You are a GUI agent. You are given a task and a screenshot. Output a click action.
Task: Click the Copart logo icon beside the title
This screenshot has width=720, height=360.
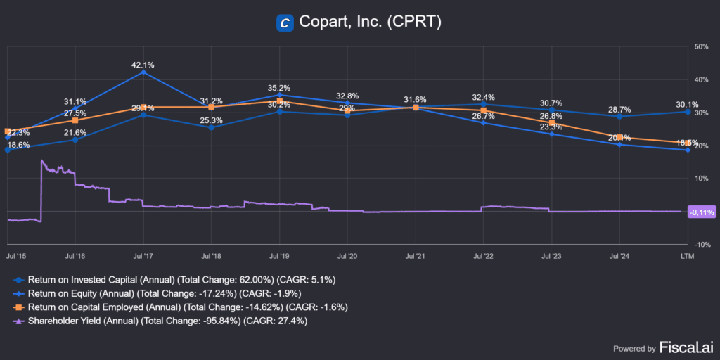click(x=285, y=22)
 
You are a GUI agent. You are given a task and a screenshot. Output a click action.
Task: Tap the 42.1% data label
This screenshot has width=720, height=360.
click(x=143, y=65)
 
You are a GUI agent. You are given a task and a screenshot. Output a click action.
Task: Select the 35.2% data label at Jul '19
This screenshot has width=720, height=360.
click(x=279, y=88)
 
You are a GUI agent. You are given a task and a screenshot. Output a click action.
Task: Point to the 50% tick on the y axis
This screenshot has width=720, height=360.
click(x=700, y=46)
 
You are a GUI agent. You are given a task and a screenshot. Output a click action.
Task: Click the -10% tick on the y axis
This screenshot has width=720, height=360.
click(x=700, y=244)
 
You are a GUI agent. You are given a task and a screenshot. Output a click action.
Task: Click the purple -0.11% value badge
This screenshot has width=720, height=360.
click(x=701, y=212)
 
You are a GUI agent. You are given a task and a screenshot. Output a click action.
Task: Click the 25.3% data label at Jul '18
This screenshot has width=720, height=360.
click(x=211, y=120)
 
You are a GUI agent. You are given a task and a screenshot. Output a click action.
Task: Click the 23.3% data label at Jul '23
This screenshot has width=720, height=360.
click(x=551, y=127)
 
